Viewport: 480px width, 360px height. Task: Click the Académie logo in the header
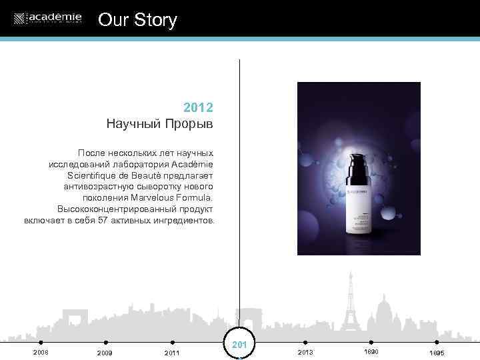pyautogui.click(x=47, y=18)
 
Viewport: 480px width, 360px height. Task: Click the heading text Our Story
pyautogui.click(x=137, y=20)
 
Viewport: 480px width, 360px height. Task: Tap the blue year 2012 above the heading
pyautogui.click(x=198, y=107)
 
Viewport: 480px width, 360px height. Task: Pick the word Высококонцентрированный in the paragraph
pyautogui.click(x=114, y=209)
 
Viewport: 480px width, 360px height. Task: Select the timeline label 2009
pyautogui.click(x=105, y=353)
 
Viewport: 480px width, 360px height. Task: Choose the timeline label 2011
pyautogui.click(x=172, y=353)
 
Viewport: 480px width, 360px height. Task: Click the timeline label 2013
pyautogui.click(x=305, y=352)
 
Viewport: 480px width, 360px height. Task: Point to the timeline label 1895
pyautogui.click(x=437, y=353)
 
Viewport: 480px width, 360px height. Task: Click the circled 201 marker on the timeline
pyautogui.click(x=239, y=345)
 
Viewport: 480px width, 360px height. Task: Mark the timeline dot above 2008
pyautogui.click(x=41, y=343)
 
